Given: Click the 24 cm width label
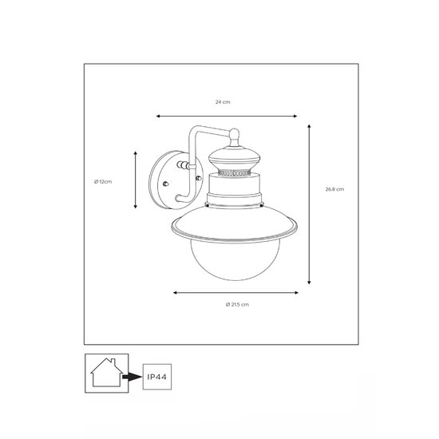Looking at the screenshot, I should click(223, 103).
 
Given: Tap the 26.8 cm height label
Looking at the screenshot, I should click(334, 189).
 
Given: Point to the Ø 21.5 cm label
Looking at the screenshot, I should click(237, 306).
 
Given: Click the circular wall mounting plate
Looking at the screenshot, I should click(170, 181).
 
